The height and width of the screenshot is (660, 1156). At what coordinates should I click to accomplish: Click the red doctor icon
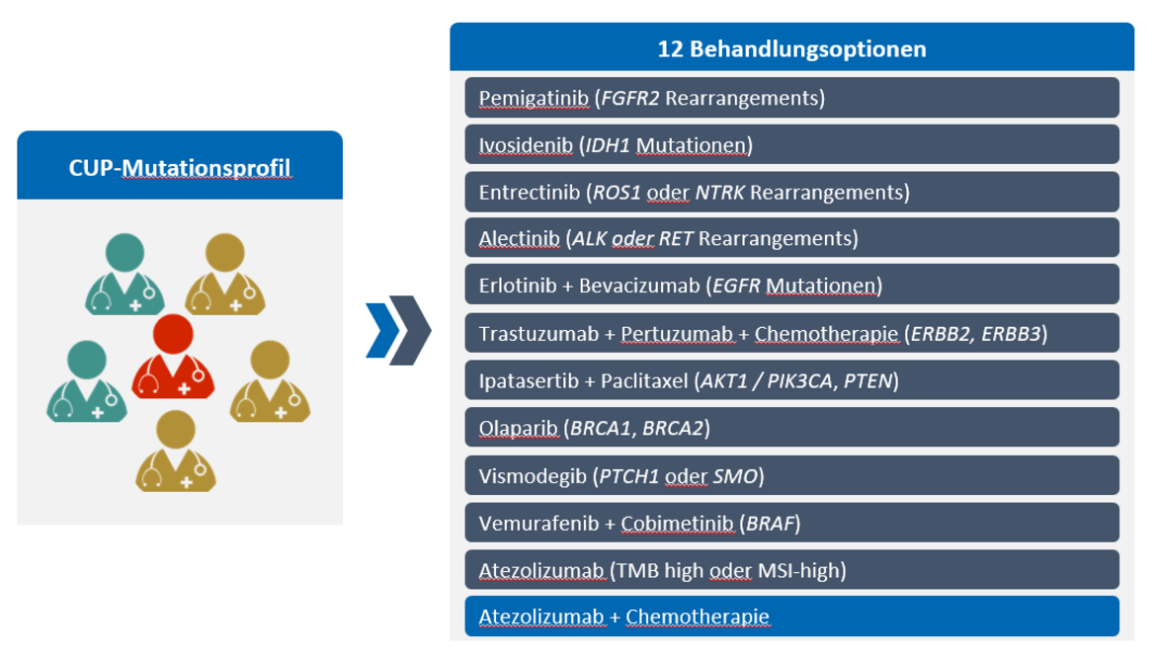173,357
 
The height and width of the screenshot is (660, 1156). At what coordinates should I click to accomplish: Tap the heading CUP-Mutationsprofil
180,167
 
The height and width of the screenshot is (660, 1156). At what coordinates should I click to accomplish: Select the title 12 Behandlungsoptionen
791,48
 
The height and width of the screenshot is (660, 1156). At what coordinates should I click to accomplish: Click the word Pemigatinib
534,98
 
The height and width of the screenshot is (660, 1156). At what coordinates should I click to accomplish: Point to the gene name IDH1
608,145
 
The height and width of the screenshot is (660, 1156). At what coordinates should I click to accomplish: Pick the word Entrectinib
530,193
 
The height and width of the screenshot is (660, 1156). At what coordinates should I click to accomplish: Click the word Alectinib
519,239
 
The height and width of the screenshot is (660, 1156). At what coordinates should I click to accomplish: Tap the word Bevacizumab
639,286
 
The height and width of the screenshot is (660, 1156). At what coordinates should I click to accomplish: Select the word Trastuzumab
538,334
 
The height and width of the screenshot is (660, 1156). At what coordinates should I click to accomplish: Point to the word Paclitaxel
644,381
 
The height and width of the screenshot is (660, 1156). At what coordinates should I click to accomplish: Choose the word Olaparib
518,429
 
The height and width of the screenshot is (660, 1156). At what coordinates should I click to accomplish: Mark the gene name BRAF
770,524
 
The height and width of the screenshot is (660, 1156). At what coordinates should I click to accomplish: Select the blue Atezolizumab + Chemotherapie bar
791,617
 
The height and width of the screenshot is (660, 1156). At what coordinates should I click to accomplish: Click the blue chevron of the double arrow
382,330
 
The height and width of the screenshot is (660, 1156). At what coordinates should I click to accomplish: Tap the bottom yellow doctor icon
176,451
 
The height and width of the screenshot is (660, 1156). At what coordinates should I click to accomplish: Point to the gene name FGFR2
630,98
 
